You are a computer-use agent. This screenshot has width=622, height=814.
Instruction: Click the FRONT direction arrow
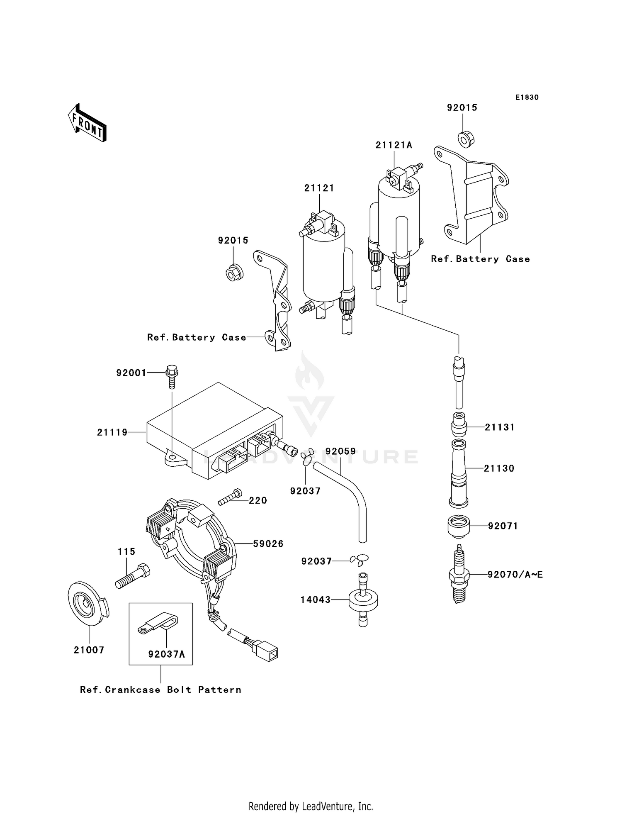87,123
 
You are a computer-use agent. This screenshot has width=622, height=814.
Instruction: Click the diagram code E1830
527,97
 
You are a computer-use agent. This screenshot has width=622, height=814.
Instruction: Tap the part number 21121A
394,145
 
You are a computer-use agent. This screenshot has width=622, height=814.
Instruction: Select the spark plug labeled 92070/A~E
459,576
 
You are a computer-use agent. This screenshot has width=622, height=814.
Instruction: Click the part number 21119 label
112,432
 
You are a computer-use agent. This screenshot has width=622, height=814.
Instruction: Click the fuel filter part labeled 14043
363,600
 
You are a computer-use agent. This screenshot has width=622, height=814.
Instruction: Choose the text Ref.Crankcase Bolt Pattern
160,690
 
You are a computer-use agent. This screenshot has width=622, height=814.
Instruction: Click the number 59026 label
268,543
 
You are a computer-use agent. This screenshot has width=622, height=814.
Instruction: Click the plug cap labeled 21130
459,473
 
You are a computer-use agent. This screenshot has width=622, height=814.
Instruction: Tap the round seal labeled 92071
459,526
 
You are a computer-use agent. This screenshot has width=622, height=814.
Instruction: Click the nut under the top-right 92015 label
466,139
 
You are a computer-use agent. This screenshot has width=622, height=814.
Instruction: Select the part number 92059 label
340,451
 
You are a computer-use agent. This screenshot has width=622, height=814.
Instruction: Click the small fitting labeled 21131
459,426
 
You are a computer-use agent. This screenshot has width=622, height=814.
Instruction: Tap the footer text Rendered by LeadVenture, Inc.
311,806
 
